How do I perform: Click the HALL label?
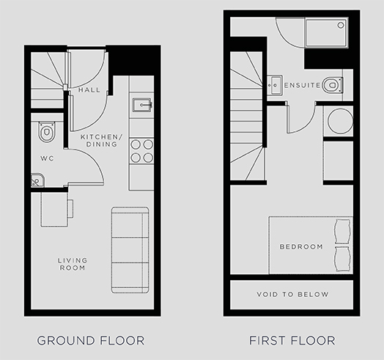pos(89,90)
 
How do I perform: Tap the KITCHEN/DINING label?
pos(101,141)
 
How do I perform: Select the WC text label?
pos(47,158)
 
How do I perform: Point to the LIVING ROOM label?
pos(73,264)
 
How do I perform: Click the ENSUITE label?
pos(302,85)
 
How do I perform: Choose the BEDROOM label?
pos(301,246)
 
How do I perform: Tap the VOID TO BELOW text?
pos(292,294)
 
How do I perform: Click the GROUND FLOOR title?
pos(91,341)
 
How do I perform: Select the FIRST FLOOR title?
pos(292,341)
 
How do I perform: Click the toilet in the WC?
pos(46,131)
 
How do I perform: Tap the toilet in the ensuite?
pos(332,85)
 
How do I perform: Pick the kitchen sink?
pos(142,105)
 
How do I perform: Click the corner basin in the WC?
pos(37,180)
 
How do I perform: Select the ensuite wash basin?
pos(275,85)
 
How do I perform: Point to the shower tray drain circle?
pos(341,25)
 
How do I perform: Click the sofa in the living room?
pos(130,250)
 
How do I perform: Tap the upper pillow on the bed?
pos(342,232)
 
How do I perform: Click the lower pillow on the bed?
pos(342,259)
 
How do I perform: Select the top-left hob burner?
pos(136,144)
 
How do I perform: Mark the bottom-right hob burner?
pos(148,158)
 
